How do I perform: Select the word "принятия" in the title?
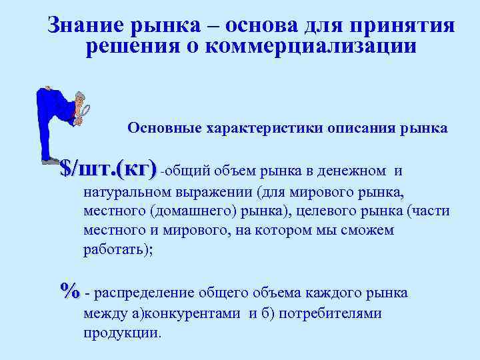pyautogui.click(x=411, y=26)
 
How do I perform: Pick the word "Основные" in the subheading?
pyautogui.click(x=159, y=128)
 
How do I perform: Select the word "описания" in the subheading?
pyautogui.click(x=359, y=128)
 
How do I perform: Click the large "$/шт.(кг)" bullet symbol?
pyautogui.click(x=108, y=168)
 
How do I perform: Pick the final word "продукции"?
pyautogui.click(x=121, y=332)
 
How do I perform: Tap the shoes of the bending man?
pyautogui.click(x=50, y=161)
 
